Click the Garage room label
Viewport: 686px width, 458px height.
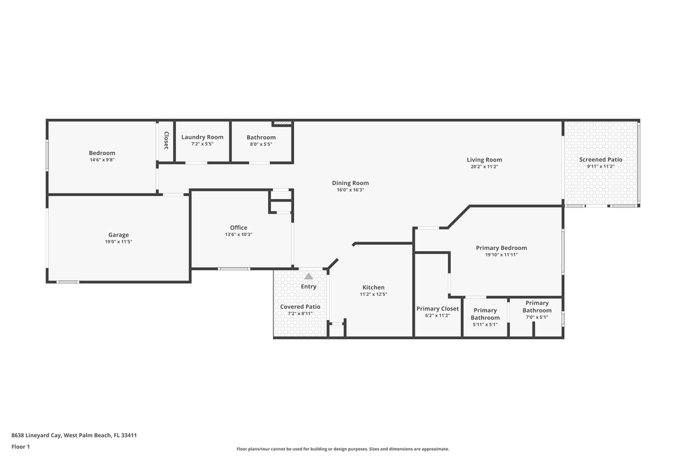coord(118,235)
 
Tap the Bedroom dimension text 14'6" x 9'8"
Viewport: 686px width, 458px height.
coord(102,160)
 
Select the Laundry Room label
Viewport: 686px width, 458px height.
coord(202,137)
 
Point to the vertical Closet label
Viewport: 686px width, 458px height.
coord(166,140)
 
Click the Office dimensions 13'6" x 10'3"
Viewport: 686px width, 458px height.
coord(239,235)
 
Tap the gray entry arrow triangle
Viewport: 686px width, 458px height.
coord(309,276)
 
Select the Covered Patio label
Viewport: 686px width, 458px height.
coord(300,307)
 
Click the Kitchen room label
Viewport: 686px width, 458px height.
coord(373,288)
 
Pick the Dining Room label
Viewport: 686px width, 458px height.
coord(350,183)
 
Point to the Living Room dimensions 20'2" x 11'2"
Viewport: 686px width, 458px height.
coord(485,167)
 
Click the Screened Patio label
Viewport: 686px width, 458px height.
coord(601,160)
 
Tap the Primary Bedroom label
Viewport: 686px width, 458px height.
coord(501,248)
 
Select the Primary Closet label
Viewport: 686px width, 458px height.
coord(438,309)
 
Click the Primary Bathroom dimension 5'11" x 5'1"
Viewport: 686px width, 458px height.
coord(485,324)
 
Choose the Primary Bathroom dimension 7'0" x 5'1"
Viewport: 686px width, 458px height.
coord(537,317)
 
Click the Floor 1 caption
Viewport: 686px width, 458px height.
coord(20,447)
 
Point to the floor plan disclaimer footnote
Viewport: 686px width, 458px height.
coord(343,449)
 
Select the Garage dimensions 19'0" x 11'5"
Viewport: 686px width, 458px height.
coord(118,242)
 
